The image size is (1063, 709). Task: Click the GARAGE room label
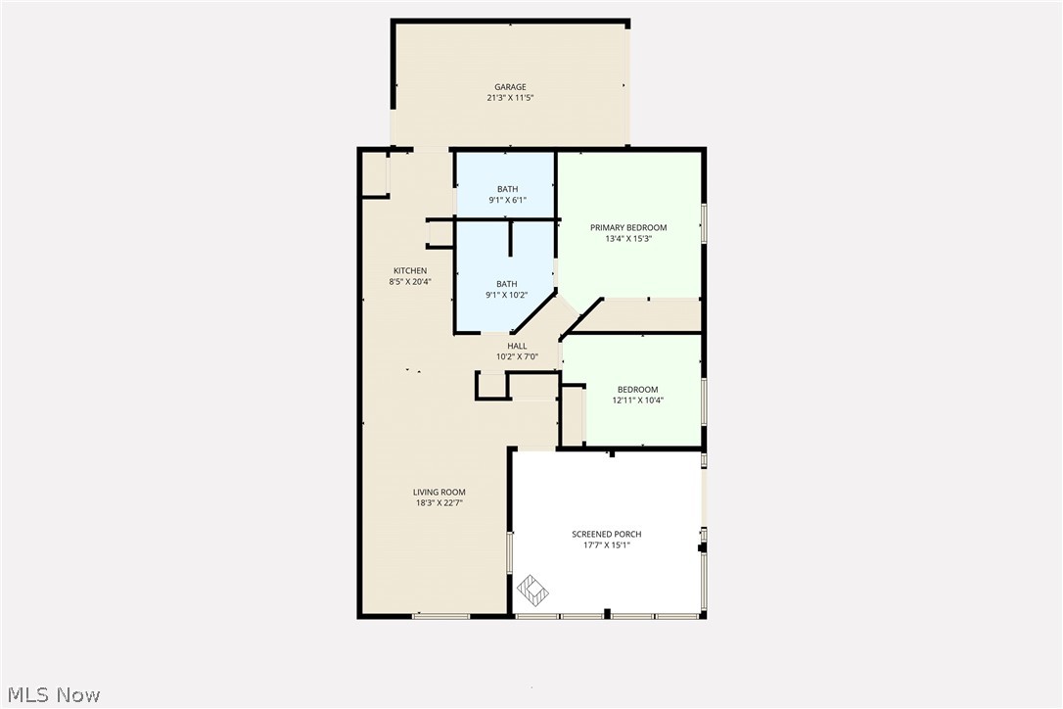[x=510, y=87]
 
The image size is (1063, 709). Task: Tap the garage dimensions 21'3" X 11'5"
[x=510, y=98]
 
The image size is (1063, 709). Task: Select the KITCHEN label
[x=410, y=271]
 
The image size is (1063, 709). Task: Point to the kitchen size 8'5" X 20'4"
[x=410, y=282]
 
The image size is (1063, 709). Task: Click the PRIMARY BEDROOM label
[x=628, y=228]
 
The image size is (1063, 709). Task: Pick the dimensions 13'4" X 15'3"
[x=628, y=239]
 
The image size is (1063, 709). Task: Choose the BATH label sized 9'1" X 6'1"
[x=507, y=190]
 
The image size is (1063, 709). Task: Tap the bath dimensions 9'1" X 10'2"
[x=507, y=295]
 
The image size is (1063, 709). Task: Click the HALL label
[x=517, y=346]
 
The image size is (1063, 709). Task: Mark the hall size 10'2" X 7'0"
[x=517, y=356]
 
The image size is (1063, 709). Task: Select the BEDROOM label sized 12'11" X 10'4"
[x=637, y=390]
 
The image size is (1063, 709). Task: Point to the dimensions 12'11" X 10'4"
[x=637, y=401]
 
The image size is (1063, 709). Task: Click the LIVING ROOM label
[x=439, y=493]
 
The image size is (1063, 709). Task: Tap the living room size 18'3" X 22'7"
[x=439, y=503]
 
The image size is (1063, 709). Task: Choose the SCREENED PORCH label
[x=607, y=535]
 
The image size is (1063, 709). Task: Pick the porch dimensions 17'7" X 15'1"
[x=607, y=545]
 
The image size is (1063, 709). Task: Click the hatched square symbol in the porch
[x=533, y=589]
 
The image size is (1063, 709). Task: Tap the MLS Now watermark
[x=51, y=695]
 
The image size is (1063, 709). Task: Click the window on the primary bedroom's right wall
[x=704, y=222]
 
